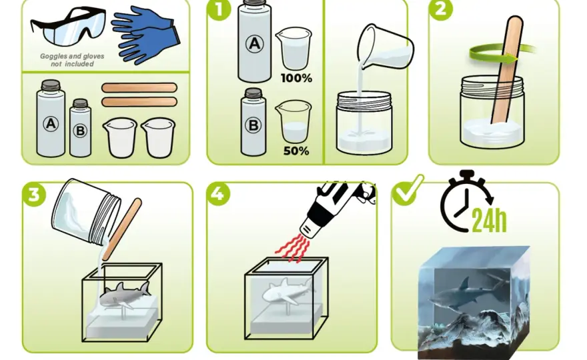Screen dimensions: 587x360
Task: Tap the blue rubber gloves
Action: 145,35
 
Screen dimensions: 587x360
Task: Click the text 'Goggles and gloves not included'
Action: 72,60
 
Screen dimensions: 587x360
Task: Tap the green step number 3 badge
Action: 34,195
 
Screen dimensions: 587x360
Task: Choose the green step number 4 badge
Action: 218,194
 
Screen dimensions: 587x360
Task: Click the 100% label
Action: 296,78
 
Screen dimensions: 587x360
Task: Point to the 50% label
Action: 296,151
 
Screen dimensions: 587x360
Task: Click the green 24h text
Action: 489,220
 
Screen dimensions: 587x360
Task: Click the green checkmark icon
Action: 408,190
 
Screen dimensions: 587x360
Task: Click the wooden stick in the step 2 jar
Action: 506,71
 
